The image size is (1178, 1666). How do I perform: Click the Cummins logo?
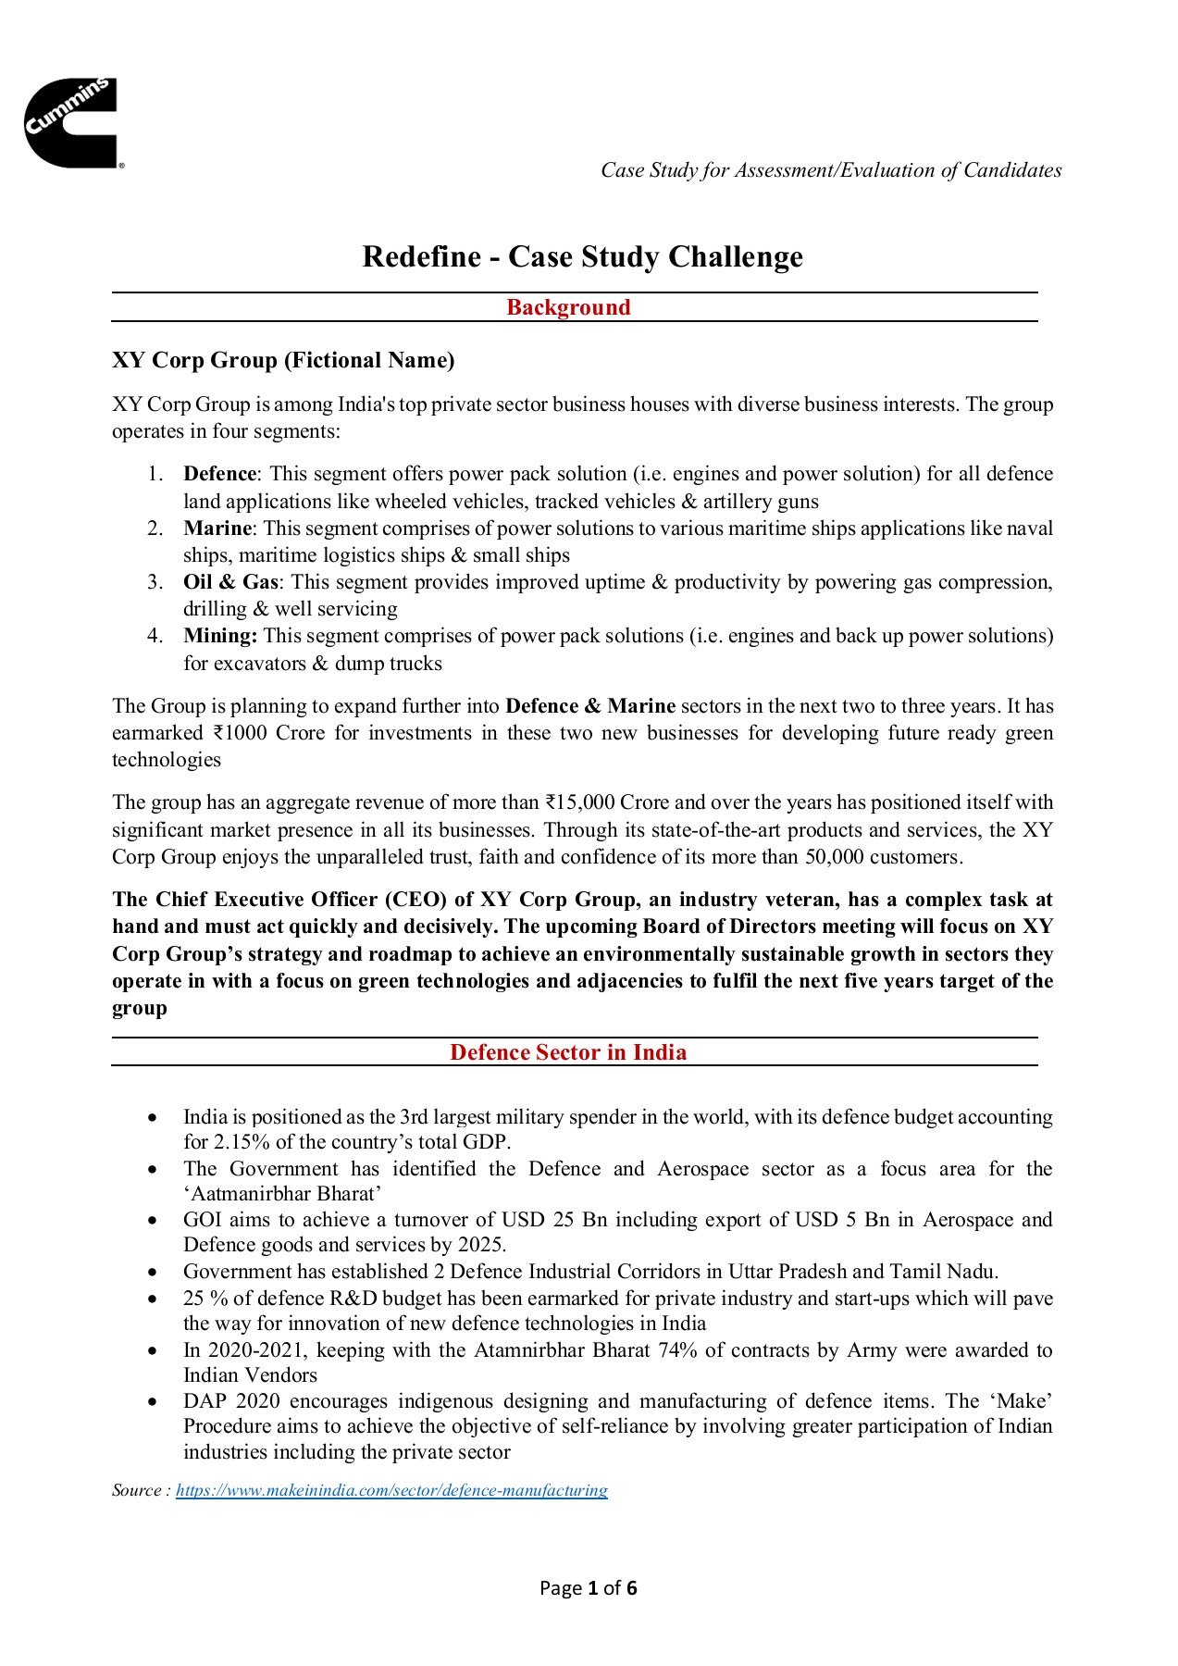pos(71,123)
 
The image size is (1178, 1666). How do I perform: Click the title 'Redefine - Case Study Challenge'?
pos(582,256)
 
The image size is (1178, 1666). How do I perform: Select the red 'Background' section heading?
pos(568,307)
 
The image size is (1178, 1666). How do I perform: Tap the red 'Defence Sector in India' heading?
pos(568,1052)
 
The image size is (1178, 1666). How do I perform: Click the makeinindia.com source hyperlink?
pos(391,1490)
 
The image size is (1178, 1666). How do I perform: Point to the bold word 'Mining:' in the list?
pos(220,636)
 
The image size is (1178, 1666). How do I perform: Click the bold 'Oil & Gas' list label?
pos(230,582)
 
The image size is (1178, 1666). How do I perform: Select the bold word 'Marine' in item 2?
pos(217,528)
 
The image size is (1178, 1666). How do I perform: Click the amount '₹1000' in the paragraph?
pos(240,733)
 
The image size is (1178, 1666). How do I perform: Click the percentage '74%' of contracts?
pos(677,1350)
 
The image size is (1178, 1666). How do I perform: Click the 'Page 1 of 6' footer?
pos(589,1589)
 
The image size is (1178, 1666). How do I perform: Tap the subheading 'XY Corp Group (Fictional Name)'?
pos(283,360)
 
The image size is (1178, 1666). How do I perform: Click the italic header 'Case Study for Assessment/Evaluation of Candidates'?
pos(830,170)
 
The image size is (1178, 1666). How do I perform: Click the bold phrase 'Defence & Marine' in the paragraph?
pos(589,706)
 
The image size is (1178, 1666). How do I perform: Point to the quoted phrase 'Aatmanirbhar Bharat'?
pos(282,1194)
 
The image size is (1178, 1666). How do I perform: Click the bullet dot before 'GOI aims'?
pos(153,1221)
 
